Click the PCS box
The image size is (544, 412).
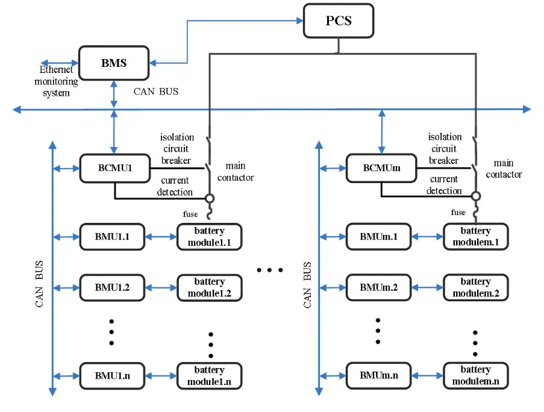[339, 21]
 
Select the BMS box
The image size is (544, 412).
[114, 63]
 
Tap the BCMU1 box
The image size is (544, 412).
[114, 168]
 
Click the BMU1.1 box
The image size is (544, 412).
[113, 237]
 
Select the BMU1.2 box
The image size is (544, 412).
[113, 287]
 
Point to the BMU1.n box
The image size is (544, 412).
[113, 375]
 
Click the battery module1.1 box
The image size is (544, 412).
[209, 237]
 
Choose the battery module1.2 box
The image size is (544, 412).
[209, 287]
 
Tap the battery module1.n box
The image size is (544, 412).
[209, 375]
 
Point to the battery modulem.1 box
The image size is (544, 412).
[475, 237]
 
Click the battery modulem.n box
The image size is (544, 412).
[475, 375]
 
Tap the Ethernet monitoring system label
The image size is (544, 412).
[56, 81]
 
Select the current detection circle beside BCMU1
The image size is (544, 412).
[209, 198]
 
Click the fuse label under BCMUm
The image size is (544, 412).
[458, 213]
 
